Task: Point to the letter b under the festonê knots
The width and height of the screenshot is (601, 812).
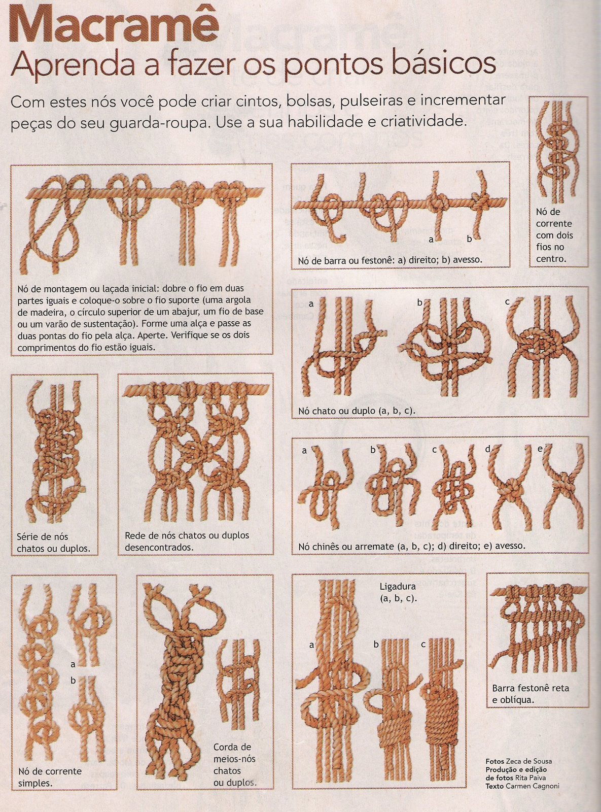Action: [x=469, y=238]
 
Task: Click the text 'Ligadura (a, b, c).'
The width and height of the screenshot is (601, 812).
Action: [x=398, y=592]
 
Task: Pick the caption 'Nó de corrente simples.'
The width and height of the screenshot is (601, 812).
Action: [x=50, y=777]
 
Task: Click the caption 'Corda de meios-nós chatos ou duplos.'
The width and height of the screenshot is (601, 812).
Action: [x=234, y=765]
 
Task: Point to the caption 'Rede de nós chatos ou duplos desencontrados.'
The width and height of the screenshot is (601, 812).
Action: [x=187, y=541]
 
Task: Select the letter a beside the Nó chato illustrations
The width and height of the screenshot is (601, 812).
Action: [x=311, y=304]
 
